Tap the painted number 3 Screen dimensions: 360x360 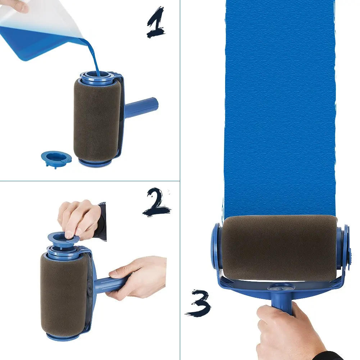tap(198, 302)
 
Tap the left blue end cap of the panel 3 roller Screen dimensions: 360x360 tap(216, 248)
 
